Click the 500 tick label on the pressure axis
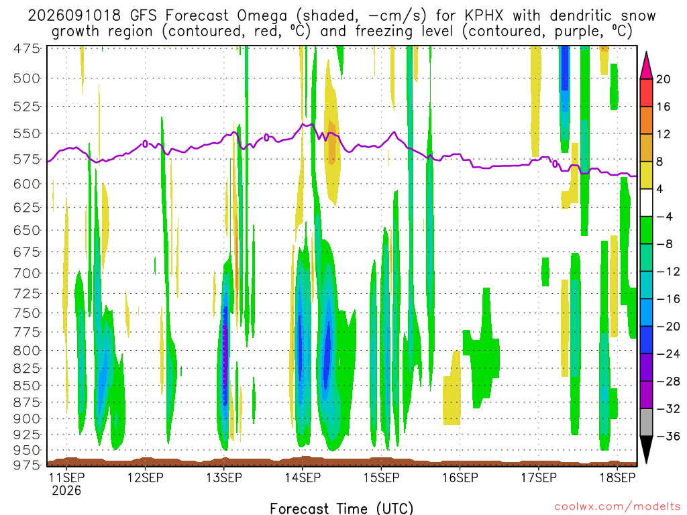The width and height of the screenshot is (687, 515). [x=27, y=78]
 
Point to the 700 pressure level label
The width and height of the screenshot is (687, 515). [x=27, y=274]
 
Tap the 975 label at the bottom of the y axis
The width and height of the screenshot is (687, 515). [x=27, y=465]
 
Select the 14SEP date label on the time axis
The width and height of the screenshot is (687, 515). [x=303, y=477]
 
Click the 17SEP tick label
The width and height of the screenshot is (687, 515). [x=539, y=477]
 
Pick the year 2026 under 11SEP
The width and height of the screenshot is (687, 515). [x=66, y=490]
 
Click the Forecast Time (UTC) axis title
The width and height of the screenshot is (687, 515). [x=341, y=508]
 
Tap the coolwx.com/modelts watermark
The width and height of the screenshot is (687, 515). [x=617, y=506]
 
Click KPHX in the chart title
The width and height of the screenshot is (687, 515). [x=484, y=16]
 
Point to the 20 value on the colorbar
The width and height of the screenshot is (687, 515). [x=663, y=79]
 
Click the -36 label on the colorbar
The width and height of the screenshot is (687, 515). [x=668, y=436]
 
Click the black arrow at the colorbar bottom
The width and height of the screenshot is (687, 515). [x=646, y=449]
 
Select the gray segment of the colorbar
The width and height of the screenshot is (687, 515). [x=646, y=422]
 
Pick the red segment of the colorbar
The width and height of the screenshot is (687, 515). [x=646, y=93]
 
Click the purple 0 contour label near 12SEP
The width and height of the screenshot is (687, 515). [x=145, y=144]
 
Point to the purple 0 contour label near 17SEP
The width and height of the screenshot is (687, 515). [x=555, y=164]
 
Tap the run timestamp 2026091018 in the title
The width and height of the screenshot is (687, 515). [x=74, y=16]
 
